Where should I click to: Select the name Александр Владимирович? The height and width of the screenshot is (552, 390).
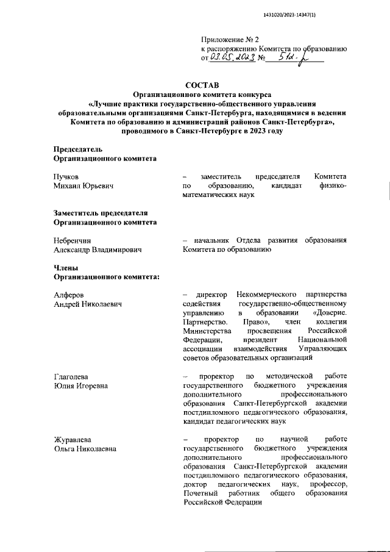pyautogui.click(x=98, y=251)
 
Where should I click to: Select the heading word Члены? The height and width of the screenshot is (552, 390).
pyautogui.click(x=68, y=268)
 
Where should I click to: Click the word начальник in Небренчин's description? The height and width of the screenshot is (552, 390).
pyautogui.click(x=211, y=241)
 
